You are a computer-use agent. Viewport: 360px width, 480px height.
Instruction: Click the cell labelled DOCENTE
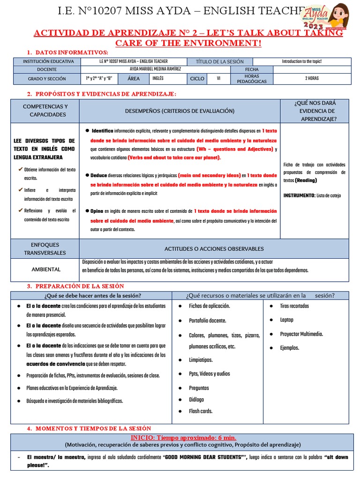click(x=46, y=69)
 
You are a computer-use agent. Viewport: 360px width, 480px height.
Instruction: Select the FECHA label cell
click(x=251, y=69)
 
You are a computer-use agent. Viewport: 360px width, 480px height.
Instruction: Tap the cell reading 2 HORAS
click(x=313, y=78)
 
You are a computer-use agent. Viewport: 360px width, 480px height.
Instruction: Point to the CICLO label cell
click(x=197, y=78)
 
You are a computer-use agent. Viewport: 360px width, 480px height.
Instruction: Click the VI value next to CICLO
click(x=218, y=78)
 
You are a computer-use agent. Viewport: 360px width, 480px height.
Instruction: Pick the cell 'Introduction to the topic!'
click(x=301, y=61)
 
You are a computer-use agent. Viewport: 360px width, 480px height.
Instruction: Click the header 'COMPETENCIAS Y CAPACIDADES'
click(x=45, y=111)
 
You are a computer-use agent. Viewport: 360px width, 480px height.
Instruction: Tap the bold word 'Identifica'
click(x=102, y=130)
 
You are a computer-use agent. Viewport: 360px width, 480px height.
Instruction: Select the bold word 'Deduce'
click(x=98, y=175)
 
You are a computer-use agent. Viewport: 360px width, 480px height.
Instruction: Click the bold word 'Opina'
click(x=97, y=211)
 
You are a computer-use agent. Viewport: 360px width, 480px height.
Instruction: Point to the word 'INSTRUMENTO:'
click(x=299, y=195)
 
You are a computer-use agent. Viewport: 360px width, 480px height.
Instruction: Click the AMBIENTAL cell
click(x=46, y=270)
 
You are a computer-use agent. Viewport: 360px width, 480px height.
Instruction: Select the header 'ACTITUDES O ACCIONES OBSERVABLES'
click(x=214, y=249)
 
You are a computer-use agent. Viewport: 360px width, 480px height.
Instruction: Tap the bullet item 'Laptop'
click(x=286, y=320)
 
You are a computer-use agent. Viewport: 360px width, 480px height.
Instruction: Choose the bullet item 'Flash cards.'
click(x=201, y=411)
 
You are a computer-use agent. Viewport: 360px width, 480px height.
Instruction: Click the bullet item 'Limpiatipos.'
click(x=201, y=360)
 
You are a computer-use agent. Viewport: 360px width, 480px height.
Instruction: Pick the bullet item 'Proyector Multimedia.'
click(x=301, y=334)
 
